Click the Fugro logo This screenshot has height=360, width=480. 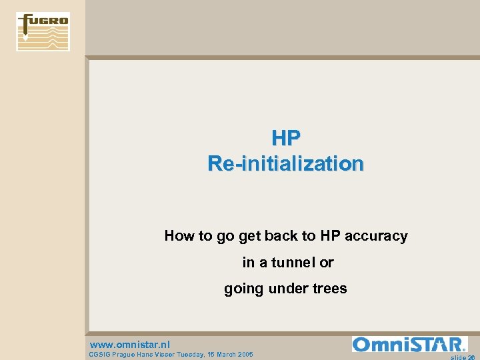(43, 31)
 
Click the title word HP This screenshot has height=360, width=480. (286, 138)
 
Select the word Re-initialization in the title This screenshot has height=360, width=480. (285, 163)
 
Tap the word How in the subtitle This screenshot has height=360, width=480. (179, 236)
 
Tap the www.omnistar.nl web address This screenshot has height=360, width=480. (130, 345)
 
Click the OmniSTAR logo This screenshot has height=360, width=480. (409, 345)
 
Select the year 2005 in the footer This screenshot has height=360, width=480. (244, 354)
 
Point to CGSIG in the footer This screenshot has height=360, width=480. (99, 354)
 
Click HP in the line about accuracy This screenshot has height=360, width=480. (329, 236)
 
